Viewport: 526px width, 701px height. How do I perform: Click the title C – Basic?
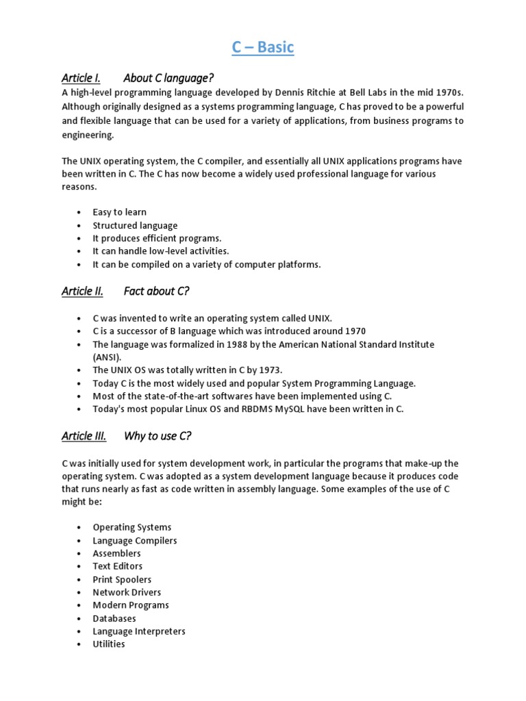click(x=262, y=47)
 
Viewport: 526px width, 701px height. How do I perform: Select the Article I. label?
click(x=81, y=77)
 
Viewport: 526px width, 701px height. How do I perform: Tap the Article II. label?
click(x=82, y=291)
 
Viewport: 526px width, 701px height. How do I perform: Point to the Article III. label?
click(x=84, y=435)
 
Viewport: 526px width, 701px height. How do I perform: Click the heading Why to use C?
click(x=157, y=435)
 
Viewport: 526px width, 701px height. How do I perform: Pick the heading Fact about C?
click(x=156, y=291)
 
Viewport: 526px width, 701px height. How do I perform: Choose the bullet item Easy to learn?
click(x=120, y=212)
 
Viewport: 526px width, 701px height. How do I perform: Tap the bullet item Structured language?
click(x=135, y=225)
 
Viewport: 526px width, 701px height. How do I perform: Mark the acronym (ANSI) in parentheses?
click(x=107, y=357)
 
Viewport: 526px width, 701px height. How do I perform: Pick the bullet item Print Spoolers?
click(x=122, y=579)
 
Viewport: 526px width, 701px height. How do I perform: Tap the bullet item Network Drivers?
click(x=127, y=592)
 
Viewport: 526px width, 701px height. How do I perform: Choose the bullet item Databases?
click(x=114, y=618)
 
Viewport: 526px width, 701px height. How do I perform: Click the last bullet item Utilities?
click(x=109, y=644)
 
